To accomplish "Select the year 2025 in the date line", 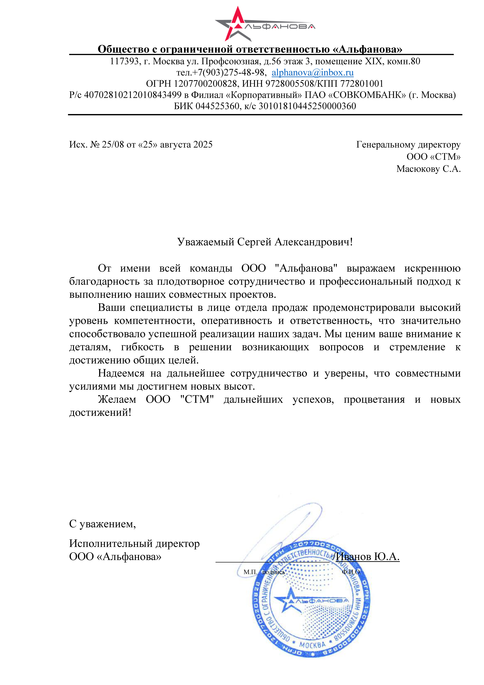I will [x=203, y=145].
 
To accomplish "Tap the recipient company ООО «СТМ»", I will [x=433, y=157].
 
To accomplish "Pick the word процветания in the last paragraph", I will [x=374, y=400].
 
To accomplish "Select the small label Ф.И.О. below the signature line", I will [x=351, y=572].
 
